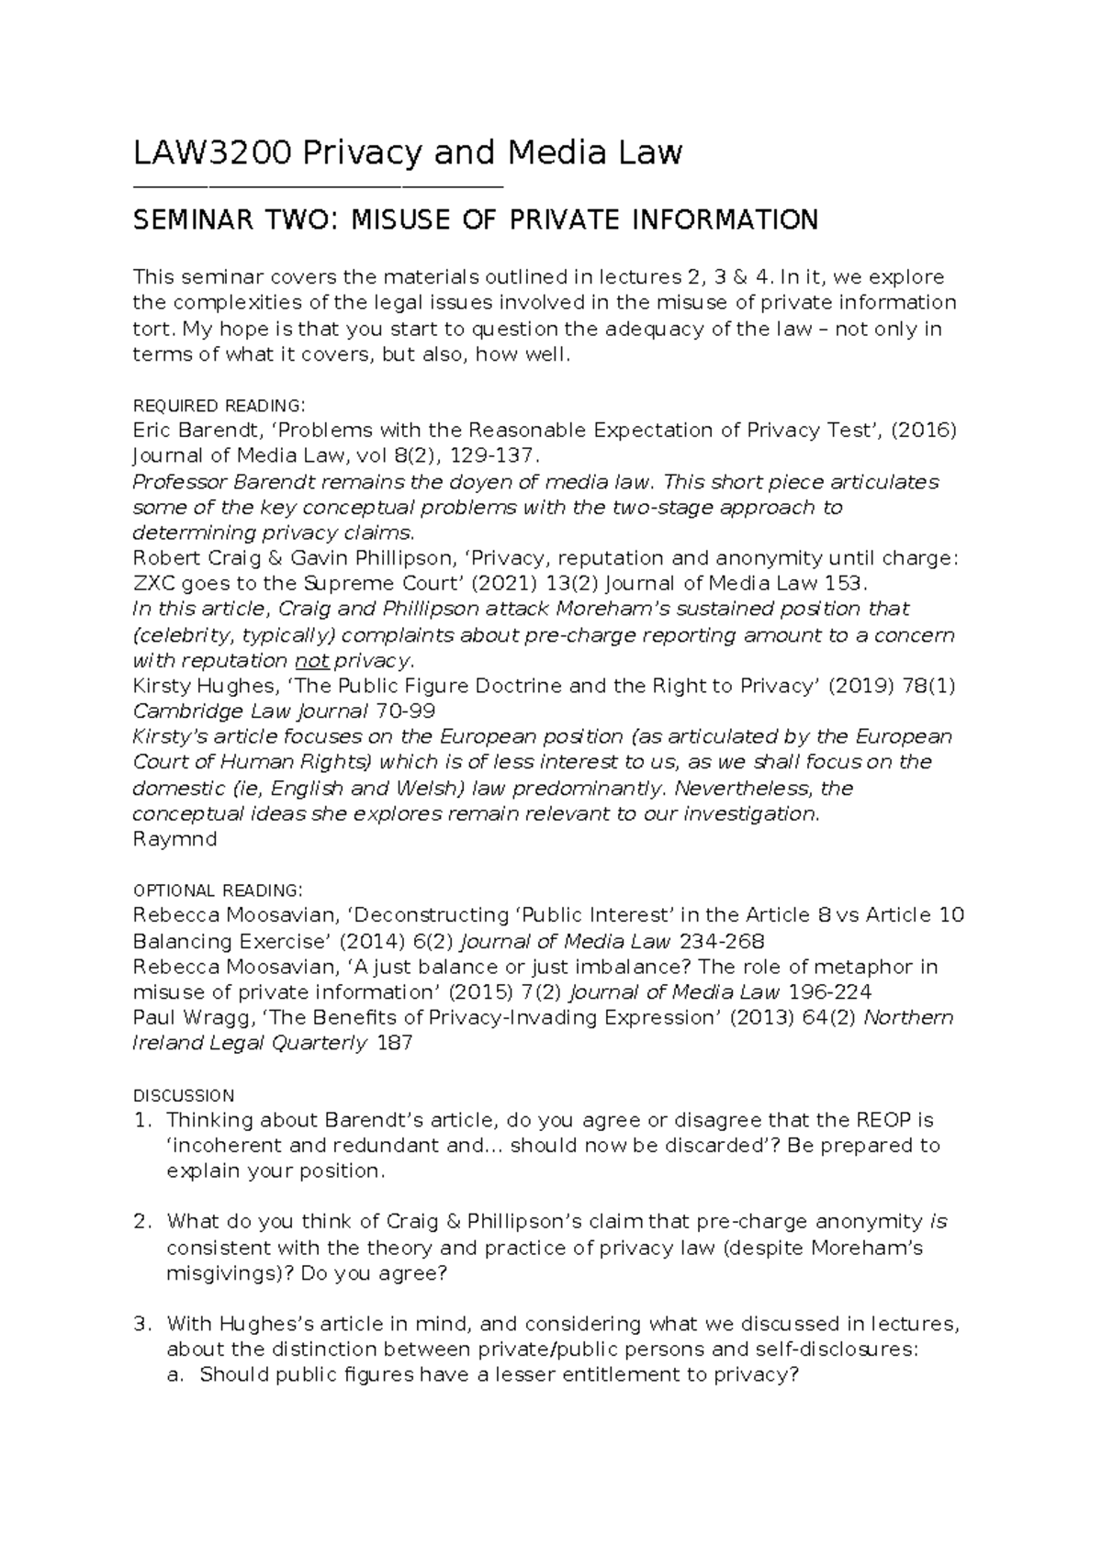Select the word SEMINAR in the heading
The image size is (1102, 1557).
coord(183,220)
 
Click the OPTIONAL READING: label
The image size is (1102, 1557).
coord(216,891)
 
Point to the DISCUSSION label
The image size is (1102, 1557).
coord(184,1095)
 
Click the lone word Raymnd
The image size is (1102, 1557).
coord(174,839)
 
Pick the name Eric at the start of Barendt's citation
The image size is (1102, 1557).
coord(152,431)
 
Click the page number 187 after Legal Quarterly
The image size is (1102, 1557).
coord(395,1044)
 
